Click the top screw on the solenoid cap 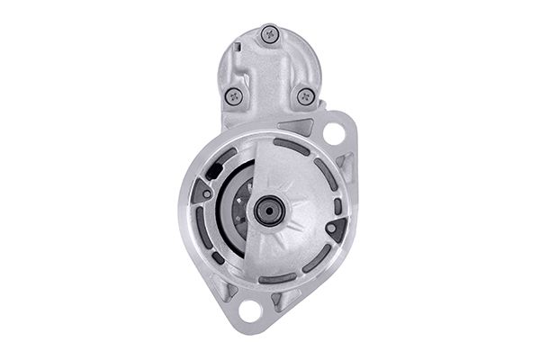269,34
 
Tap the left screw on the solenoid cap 234,94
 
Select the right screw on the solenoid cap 305,94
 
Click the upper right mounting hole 334,134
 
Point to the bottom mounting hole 250,311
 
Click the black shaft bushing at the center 268,211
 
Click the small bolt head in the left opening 207,193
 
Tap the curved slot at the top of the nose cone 290,147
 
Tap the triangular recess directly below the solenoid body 295,126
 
